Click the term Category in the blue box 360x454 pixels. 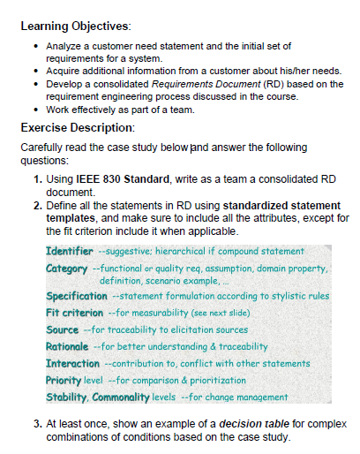coord(66,268)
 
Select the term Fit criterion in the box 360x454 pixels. coord(75,312)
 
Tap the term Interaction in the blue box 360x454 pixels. coord(72,363)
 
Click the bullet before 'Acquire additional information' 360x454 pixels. coord(34,69)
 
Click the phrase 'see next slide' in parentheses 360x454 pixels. coord(221,313)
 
